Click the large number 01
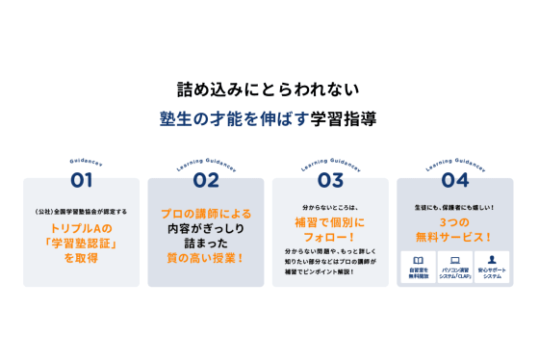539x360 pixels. click(82, 180)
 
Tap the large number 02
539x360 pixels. click(206, 180)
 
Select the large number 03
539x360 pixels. click(330, 180)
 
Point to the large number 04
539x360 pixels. click(455, 180)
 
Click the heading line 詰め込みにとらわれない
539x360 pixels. click(269, 91)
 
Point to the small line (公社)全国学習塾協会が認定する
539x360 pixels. click(82, 211)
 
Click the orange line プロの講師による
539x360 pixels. click(206, 213)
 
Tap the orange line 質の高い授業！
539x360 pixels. click(206, 258)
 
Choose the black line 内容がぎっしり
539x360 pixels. click(206, 228)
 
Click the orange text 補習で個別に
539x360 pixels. click(330, 220)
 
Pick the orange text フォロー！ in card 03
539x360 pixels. click(330, 236)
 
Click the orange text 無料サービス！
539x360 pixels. click(455, 236)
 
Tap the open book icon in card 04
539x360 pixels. click(418, 261)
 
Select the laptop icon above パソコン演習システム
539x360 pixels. click(455, 261)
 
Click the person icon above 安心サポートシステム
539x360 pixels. click(492, 261)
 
